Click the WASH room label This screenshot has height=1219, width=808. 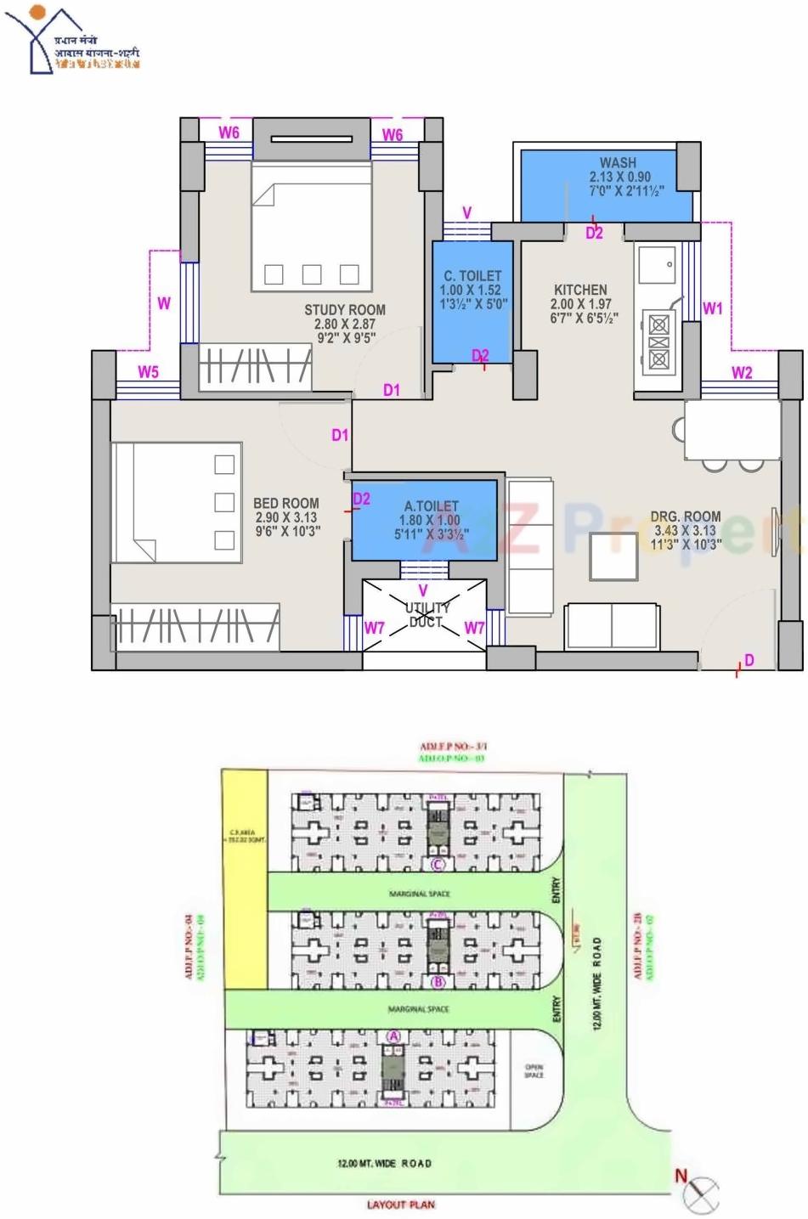coord(618,163)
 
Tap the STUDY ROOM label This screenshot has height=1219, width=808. coord(345,310)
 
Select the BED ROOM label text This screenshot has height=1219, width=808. coord(286,504)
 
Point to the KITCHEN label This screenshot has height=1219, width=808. coord(580,290)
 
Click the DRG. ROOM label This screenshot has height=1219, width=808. coord(686,516)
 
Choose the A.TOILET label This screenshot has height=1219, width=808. coord(431,506)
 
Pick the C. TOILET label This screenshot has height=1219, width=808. coord(472,276)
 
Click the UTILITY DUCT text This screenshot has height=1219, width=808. coord(427,615)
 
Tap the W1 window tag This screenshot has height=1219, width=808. coord(712,308)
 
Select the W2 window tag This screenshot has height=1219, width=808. coord(742,372)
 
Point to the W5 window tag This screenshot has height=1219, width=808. coord(149,371)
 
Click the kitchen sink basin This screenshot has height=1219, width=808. coord(658,265)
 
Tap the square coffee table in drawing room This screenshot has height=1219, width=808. coord(614,556)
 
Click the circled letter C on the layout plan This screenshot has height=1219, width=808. coord(438,866)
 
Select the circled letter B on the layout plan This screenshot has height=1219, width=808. coord(438,983)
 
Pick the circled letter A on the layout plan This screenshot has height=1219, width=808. coord(393,1036)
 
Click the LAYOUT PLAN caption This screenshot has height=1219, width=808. coord(400,1205)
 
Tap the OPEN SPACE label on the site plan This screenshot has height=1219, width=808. coord(534,1071)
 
